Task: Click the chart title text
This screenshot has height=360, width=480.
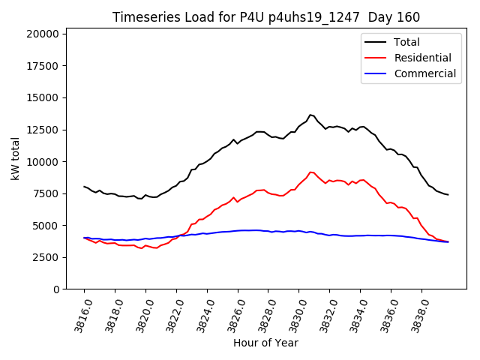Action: (266, 17)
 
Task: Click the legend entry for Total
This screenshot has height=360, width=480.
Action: (406, 42)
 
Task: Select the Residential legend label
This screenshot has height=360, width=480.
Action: (422, 58)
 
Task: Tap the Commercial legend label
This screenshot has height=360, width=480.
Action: (424, 73)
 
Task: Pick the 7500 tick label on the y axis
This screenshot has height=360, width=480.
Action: (46, 193)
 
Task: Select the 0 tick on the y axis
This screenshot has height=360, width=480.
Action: (56, 289)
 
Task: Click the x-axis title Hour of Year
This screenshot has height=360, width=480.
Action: (265, 343)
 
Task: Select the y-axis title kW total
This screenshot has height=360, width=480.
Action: (15, 158)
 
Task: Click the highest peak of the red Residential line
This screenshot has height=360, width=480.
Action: (310, 172)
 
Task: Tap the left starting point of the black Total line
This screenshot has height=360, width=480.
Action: (84, 187)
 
